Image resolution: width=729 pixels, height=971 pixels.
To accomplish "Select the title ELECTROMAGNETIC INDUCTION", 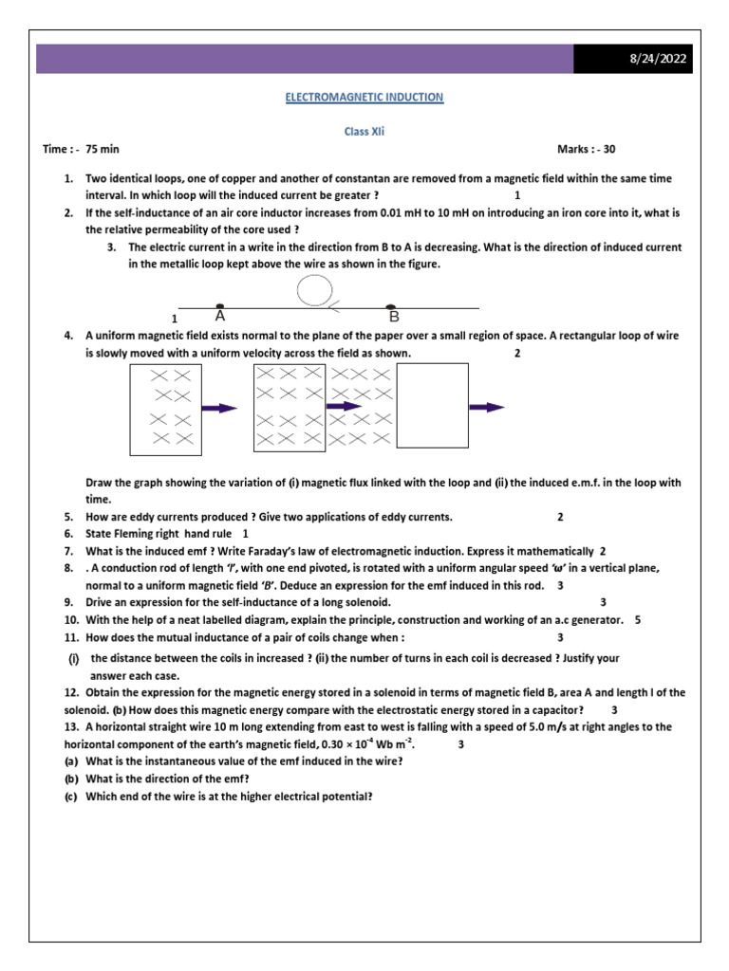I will pos(365,97).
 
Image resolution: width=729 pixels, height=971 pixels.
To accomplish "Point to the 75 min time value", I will pos(102,150).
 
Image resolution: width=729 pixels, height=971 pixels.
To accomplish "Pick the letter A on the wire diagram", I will pos(220,316).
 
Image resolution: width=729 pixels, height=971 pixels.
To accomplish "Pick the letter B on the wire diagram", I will pos(393,316).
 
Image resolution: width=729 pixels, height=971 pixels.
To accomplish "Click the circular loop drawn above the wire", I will pos(314,290).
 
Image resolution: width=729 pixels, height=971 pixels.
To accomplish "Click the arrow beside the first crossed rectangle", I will pos(219,408).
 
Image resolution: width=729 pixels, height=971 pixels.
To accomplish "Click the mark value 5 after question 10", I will pos(638,620).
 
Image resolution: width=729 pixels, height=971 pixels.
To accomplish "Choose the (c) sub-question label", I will pos(71,797).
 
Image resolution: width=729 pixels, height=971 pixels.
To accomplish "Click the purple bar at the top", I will pos(304,59).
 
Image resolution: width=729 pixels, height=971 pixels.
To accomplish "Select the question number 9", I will pos(69,602).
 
